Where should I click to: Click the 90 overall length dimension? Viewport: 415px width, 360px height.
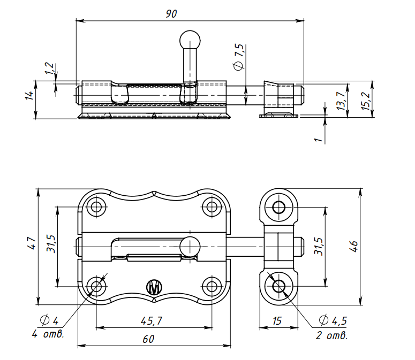171,14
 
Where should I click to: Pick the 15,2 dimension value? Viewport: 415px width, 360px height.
365,101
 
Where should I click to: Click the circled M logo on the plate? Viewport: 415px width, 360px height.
154,287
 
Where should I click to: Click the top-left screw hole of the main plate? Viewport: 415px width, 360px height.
97,206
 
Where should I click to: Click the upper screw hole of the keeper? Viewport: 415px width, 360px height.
278,207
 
